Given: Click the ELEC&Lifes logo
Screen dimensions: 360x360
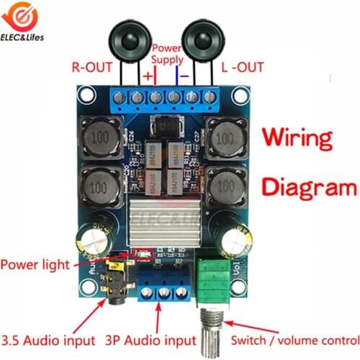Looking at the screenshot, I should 25,22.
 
